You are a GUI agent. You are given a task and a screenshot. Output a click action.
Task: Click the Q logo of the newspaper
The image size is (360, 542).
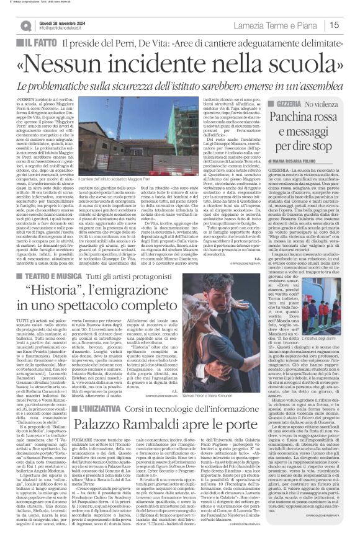(26, 25)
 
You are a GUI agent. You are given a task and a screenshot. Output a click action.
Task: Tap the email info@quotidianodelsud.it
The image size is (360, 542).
(61, 28)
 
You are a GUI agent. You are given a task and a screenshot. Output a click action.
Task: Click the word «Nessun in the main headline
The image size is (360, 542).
(74, 64)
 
